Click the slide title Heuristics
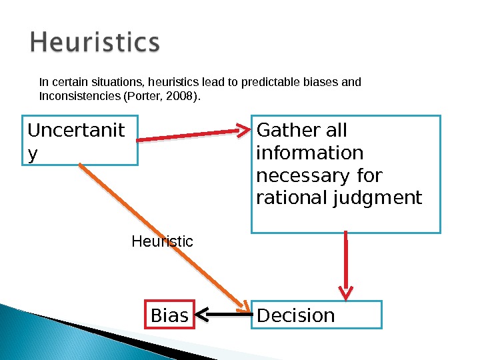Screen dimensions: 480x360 [x=95, y=44]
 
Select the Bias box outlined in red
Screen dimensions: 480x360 [x=170, y=315]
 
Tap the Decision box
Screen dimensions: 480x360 [x=317, y=315]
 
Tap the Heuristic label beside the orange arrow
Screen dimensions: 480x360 [x=162, y=241]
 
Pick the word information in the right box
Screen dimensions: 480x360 [x=310, y=153]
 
